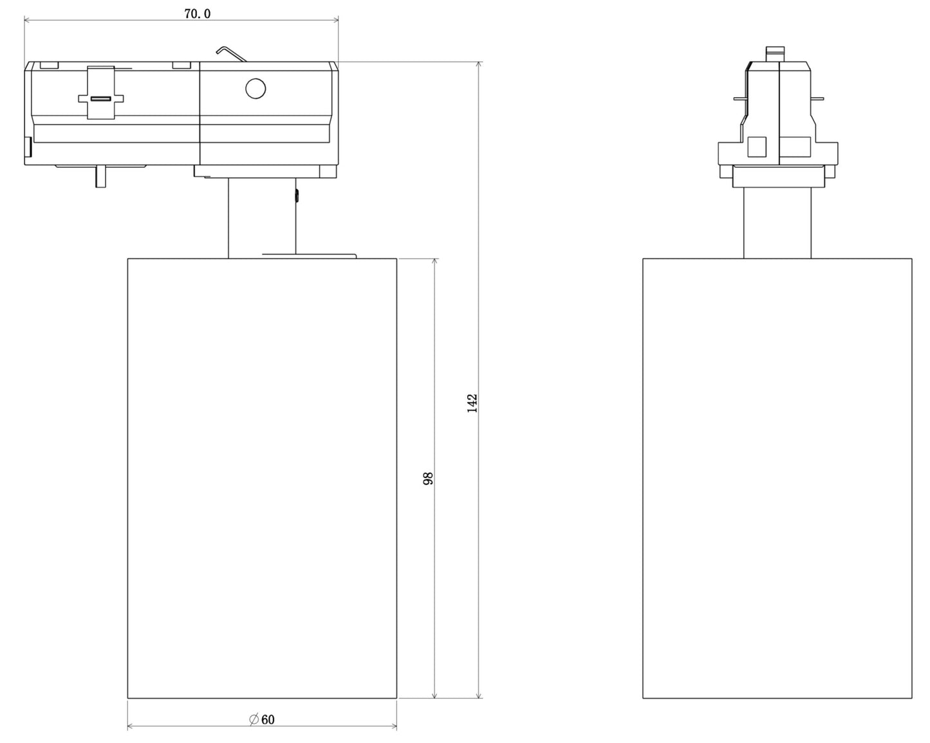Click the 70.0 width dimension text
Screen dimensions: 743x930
pyautogui.click(x=197, y=14)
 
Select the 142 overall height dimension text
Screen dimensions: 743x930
pyautogui.click(x=472, y=403)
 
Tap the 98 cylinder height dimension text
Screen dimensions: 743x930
pyautogui.click(x=429, y=478)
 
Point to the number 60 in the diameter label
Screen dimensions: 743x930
pyautogui.click(x=268, y=719)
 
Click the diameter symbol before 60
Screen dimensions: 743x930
pyautogui.click(x=254, y=719)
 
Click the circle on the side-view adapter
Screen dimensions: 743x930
pyautogui.click(x=256, y=88)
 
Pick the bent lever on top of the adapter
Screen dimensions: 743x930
pyautogui.click(x=232, y=53)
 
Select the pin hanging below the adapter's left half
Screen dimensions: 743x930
pyautogui.click(x=100, y=176)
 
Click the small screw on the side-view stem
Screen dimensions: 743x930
pyautogui.click(x=297, y=196)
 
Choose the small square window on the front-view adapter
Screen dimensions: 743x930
pyautogui.click(x=757, y=147)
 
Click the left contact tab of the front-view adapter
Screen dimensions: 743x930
pyautogui.click(x=740, y=99)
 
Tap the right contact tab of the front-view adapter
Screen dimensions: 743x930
pyautogui.click(x=817, y=99)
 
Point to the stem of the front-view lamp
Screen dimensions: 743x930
pyautogui.click(x=777, y=223)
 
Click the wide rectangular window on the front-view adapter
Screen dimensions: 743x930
pyautogui.click(x=796, y=147)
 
